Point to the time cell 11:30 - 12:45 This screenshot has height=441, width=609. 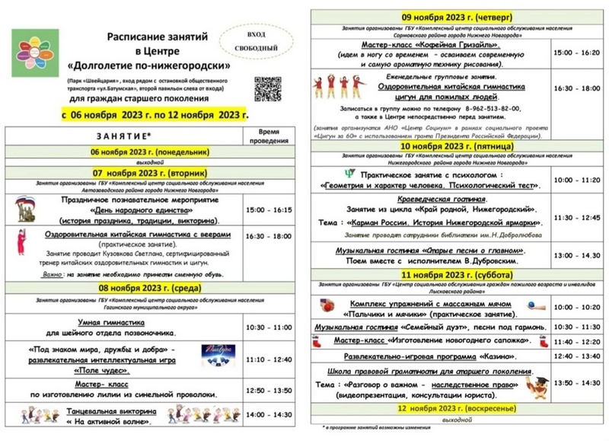[576, 217]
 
